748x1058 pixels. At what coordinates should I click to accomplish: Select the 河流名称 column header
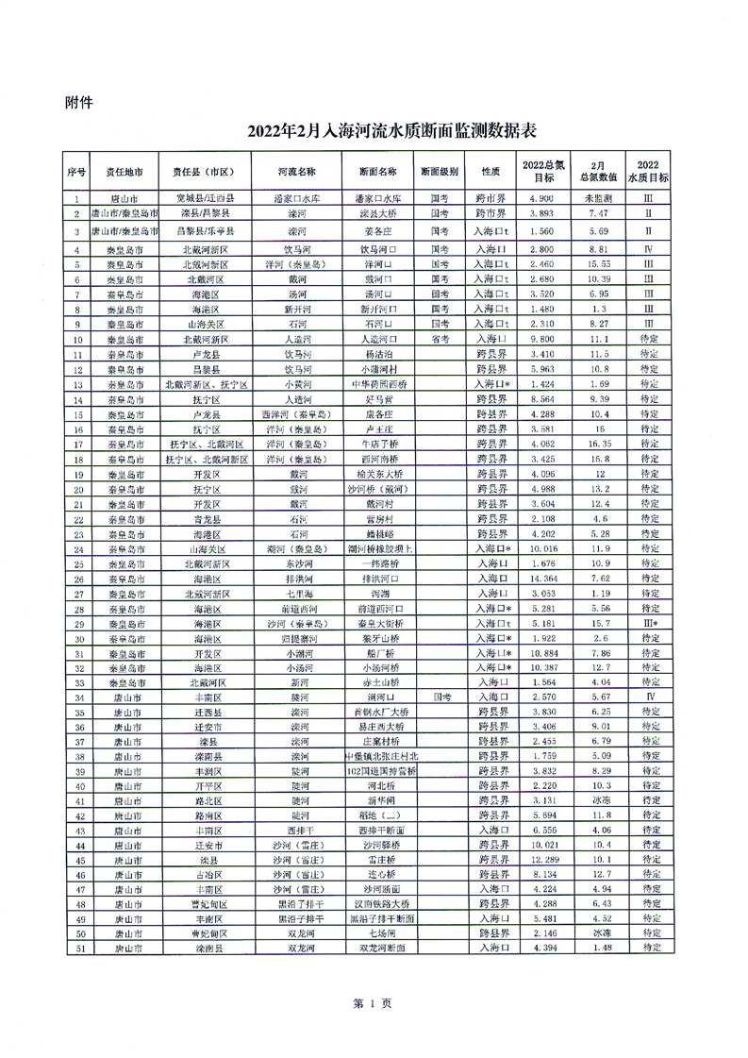(296, 173)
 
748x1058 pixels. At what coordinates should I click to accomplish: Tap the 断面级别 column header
(439, 173)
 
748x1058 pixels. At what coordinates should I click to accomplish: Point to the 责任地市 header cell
(125, 173)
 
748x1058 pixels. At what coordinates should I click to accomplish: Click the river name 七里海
(296, 593)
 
